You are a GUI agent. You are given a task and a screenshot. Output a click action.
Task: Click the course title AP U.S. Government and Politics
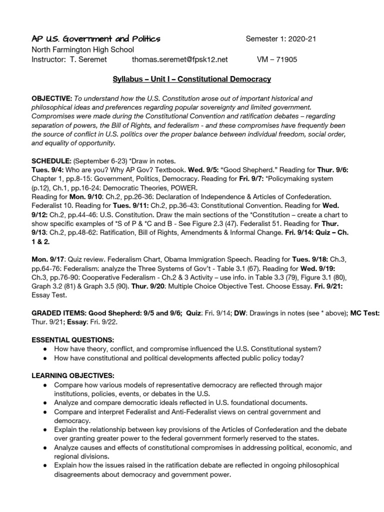96,39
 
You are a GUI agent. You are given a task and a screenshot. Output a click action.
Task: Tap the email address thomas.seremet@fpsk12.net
180,59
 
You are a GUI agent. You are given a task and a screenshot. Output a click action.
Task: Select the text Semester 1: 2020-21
280,39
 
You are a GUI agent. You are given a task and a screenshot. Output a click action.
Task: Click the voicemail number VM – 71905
276,59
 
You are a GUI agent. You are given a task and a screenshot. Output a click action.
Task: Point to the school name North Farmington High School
83,49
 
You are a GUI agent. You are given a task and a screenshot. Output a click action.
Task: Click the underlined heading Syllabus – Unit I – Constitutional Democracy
191,79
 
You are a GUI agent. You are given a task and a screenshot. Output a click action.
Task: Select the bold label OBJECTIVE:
52,99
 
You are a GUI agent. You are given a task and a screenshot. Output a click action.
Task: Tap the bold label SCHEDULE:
51,161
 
